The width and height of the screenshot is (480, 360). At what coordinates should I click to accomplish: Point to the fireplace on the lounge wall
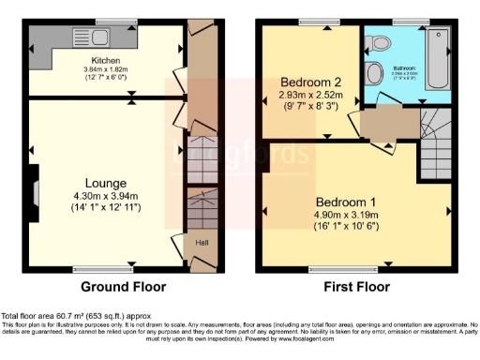(x=34, y=192)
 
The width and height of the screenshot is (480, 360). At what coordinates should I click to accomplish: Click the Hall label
(x=202, y=243)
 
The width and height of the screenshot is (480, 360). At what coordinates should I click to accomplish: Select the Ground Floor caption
(x=123, y=287)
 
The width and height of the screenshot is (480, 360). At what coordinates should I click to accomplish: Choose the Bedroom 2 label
(x=309, y=82)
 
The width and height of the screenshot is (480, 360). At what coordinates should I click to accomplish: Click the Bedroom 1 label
(x=346, y=202)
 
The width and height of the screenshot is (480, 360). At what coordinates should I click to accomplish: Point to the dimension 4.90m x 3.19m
(x=346, y=216)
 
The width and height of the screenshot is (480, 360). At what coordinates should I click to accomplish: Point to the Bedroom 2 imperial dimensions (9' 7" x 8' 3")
(x=309, y=108)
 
